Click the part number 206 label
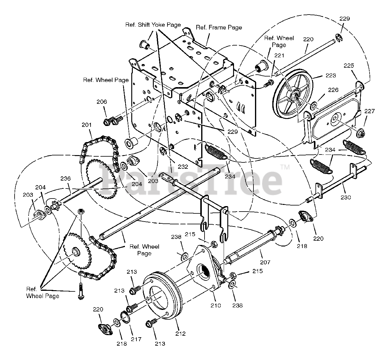tap(102, 102)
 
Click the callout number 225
tap(349, 66)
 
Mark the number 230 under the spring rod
tap(346, 197)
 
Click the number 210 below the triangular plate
tap(216, 305)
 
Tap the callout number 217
tap(136, 339)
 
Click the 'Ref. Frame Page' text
tap(219, 28)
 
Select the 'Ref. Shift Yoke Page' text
tap(153, 25)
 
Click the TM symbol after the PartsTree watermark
tap(285, 167)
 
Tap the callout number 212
tap(180, 334)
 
